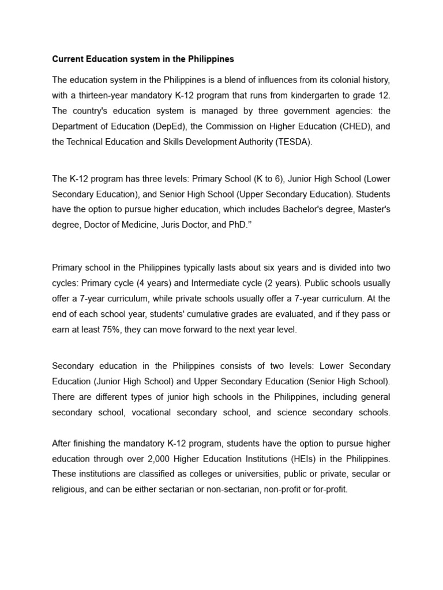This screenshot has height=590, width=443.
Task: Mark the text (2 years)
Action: pos(279,283)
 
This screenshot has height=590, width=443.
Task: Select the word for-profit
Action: pos(330,490)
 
